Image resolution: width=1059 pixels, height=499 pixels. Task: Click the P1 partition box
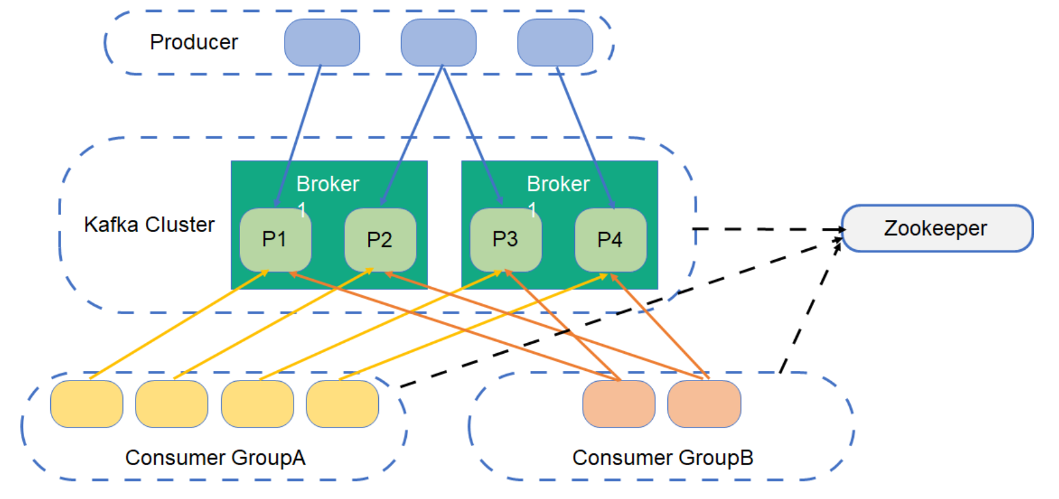[x=275, y=240]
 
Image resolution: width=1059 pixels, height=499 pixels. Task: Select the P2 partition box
[x=380, y=240]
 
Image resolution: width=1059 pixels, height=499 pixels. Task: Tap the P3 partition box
[x=506, y=240]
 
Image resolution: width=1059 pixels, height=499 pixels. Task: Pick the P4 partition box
[x=610, y=240]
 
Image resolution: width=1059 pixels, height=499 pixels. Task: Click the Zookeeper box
[x=937, y=228]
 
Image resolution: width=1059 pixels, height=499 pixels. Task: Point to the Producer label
[x=194, y=42]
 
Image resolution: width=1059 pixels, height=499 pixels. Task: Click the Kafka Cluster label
[x=149, y=224]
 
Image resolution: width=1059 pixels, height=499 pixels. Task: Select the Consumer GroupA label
[x=215, y=458]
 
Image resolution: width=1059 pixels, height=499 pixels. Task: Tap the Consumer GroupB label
[x=663, y=458]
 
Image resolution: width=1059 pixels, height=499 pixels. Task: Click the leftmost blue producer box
[x=322, y=42]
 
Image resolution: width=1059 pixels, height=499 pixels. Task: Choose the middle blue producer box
[x=438, y=42]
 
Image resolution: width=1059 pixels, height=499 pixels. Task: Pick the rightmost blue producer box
[x=555, y=42]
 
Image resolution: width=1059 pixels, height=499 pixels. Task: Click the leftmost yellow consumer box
[x=87, y=404]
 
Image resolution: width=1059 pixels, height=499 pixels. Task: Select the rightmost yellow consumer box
[x=343, y=404]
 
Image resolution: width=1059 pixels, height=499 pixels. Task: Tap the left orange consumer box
[x=618, y=404]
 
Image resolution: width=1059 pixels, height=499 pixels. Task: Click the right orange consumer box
[x=704, y=404]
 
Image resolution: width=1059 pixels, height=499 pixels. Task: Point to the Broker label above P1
[x=327, y=184]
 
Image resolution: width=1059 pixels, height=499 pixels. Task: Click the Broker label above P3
[x=558, y=184]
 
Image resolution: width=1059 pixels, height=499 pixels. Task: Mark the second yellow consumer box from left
[x=172, y=404]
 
